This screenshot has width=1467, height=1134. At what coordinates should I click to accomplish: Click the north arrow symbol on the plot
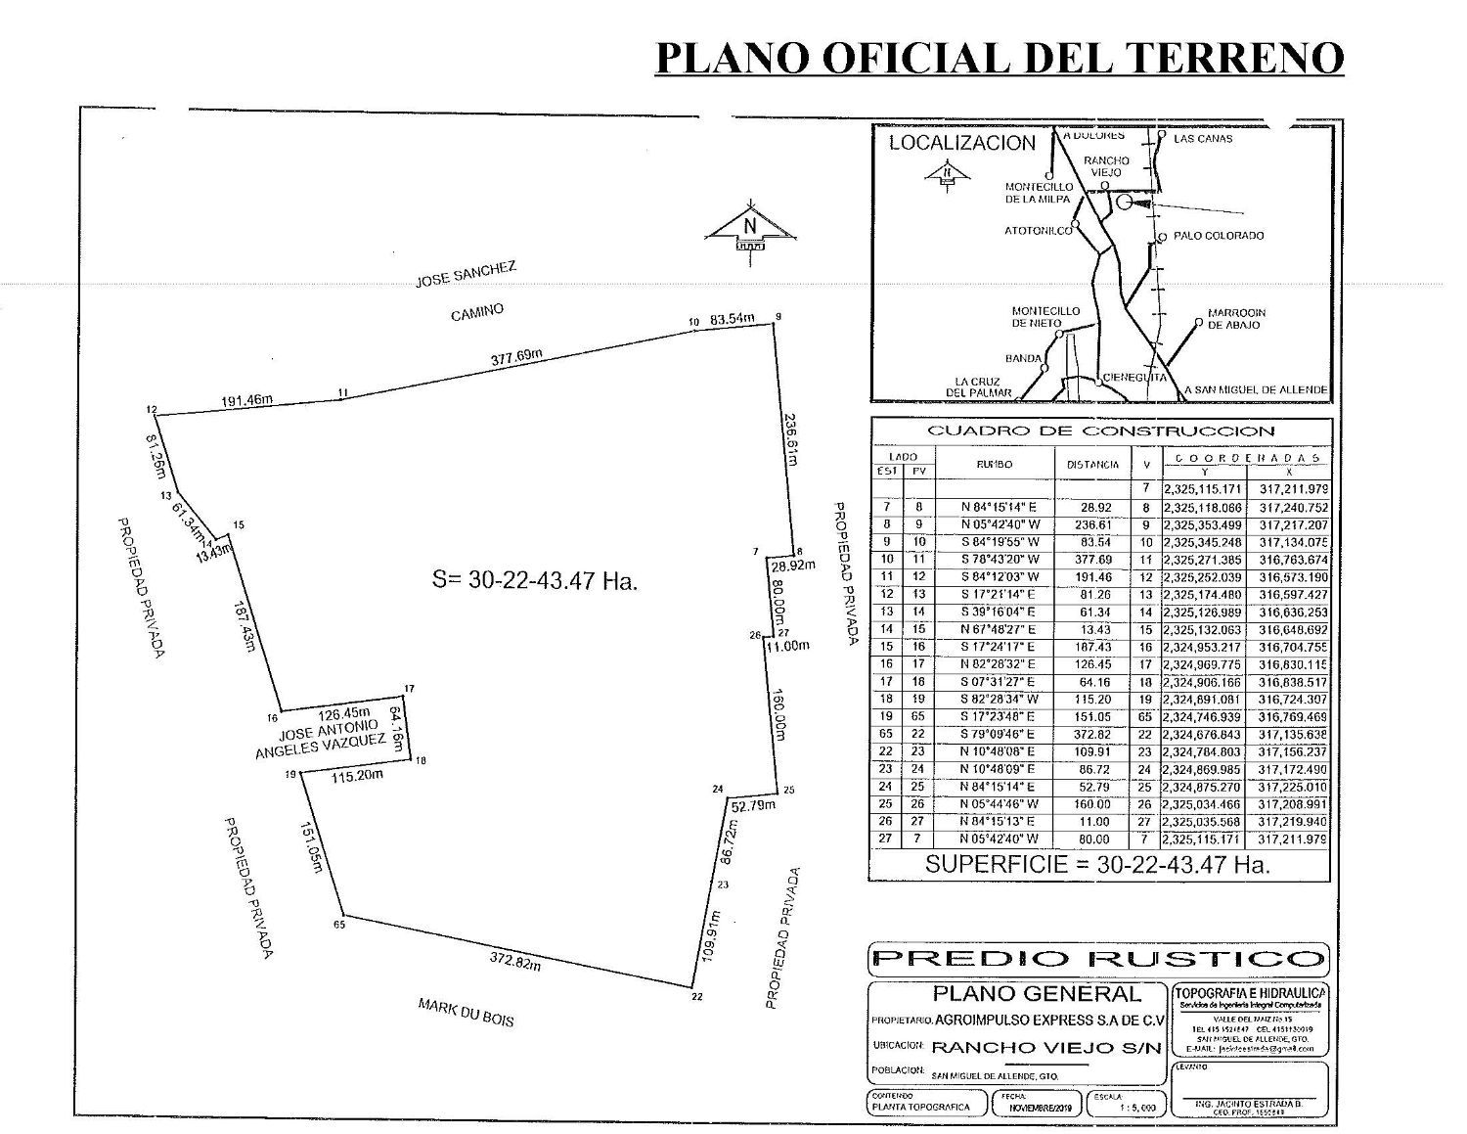(750, 227)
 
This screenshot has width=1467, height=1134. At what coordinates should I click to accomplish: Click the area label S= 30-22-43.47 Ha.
(535, 579)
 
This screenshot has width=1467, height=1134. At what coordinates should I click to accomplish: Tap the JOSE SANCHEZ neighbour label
(466, 273)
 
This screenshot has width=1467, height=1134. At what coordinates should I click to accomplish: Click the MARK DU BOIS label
(466, 1012)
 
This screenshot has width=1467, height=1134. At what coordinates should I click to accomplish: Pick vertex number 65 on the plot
(339, 924)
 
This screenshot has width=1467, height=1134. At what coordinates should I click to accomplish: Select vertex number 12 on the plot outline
(151, 409)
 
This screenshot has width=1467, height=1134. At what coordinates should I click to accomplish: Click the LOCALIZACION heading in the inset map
(961, 143)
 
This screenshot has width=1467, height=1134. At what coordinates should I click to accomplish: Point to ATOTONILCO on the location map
(1038, 231)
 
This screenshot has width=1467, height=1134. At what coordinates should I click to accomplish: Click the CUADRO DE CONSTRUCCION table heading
(1100, 431)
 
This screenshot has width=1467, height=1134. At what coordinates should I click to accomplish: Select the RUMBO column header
(994, 465)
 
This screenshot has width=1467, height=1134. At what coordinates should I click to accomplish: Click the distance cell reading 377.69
(1092, 560)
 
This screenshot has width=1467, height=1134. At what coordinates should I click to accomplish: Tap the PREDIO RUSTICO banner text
(1098, 959)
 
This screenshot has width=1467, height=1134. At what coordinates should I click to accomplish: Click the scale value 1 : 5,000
(1137, 1108)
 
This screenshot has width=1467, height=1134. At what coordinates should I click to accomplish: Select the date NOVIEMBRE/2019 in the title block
(1037, 1108)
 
